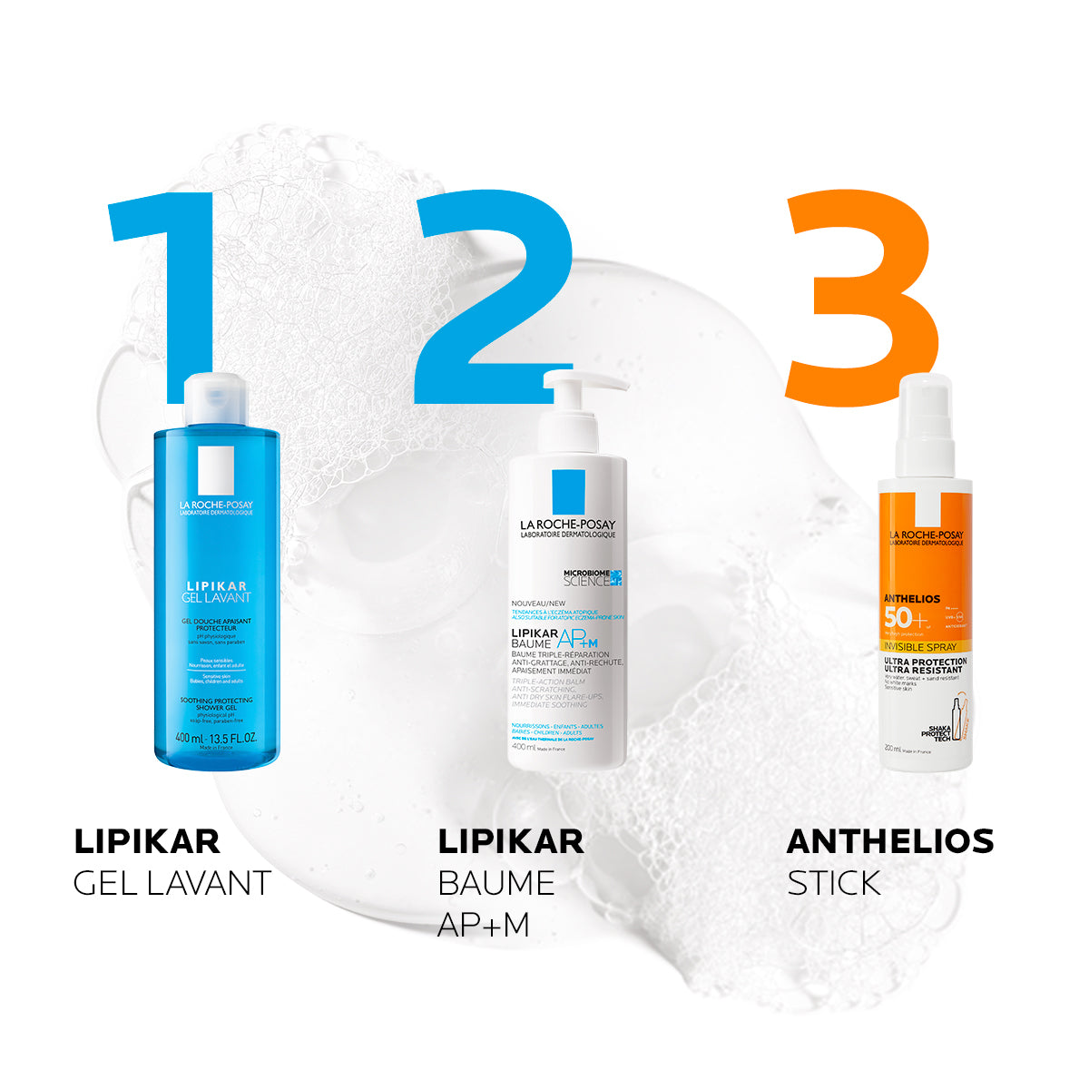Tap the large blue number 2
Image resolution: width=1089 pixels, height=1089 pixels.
[x=495, y=299]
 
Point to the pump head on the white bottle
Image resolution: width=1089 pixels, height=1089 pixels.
[x=581, y=386]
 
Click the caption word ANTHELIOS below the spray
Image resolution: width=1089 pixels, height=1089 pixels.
[x=889, y=841]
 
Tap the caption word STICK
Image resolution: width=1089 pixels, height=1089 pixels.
[x=833, y=883]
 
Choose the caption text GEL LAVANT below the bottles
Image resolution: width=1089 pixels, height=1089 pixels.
[x=172, y=883]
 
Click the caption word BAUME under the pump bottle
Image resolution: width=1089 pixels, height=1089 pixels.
[x=495, y=883]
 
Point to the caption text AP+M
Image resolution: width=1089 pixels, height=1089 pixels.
[x=484, y=924]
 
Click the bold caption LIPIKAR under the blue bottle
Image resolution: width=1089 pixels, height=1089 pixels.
[x=146, y=841]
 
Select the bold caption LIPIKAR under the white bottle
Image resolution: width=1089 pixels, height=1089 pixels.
[x=510, y=841]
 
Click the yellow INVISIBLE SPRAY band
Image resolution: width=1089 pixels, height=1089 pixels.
[x=924, y=649]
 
